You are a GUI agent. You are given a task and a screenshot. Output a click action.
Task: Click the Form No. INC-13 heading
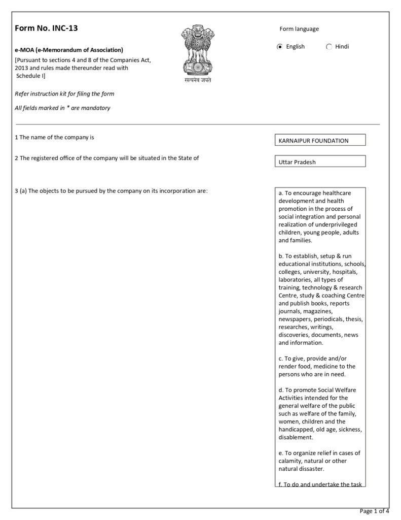(x=47, y=28)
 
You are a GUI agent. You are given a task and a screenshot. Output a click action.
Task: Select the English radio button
(x=280, y=47)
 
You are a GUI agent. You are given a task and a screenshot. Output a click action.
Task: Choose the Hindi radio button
(x=329, y=47)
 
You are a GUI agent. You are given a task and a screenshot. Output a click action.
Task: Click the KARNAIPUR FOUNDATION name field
(x=319, y=141)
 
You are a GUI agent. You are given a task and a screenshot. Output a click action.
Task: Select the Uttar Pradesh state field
(x=319, y=162)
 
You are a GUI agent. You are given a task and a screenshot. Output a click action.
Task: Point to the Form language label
(x=299, y=29)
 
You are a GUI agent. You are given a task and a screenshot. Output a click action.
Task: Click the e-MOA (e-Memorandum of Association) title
(x=69, y=50)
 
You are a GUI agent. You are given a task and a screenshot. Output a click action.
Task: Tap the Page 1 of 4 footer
(x=374, y=511)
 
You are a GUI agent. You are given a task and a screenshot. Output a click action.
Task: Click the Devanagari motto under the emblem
(x=198, y=80)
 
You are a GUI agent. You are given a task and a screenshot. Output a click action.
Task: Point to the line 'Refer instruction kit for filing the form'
(x=64, y=94)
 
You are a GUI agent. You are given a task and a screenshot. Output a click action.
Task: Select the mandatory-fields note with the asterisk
(x=62, y=108)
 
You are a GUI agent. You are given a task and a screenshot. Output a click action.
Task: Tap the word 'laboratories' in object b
(x=296, y=280)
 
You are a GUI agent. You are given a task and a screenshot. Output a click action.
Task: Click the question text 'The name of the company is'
(x=57, y=137)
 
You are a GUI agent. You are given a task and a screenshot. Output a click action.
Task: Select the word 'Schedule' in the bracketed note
(x=29, y=76)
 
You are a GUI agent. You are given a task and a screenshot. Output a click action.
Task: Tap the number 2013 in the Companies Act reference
(x=22, y=68)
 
